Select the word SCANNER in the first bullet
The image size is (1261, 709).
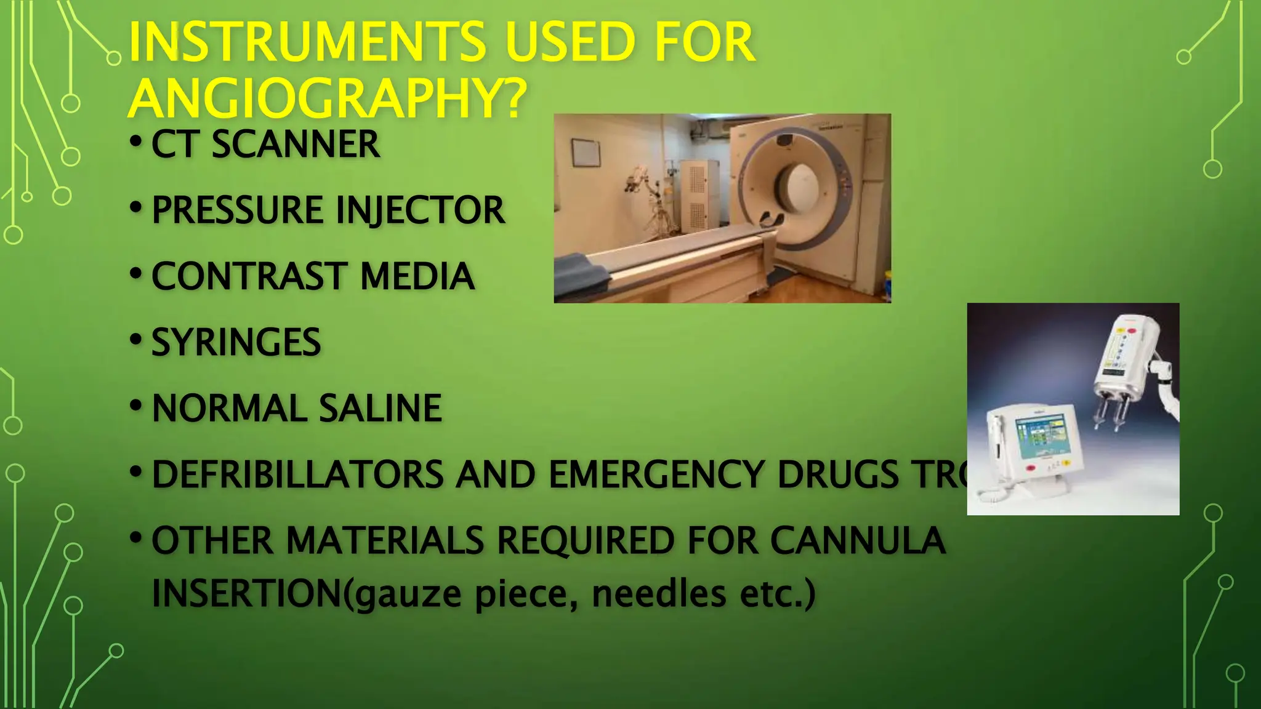[x=296, y=145]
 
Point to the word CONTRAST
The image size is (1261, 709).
[x=249, y=276]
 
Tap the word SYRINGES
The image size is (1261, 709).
[x=236, y=342]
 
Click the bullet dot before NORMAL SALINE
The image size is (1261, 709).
[x=136, y=406]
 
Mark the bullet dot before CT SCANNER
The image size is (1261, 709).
[x=136, y=142]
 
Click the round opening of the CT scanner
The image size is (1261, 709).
[x=800, y=185]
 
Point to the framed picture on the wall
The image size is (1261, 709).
[x=586, y=152]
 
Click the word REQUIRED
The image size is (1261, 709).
[x=586, y=540]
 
